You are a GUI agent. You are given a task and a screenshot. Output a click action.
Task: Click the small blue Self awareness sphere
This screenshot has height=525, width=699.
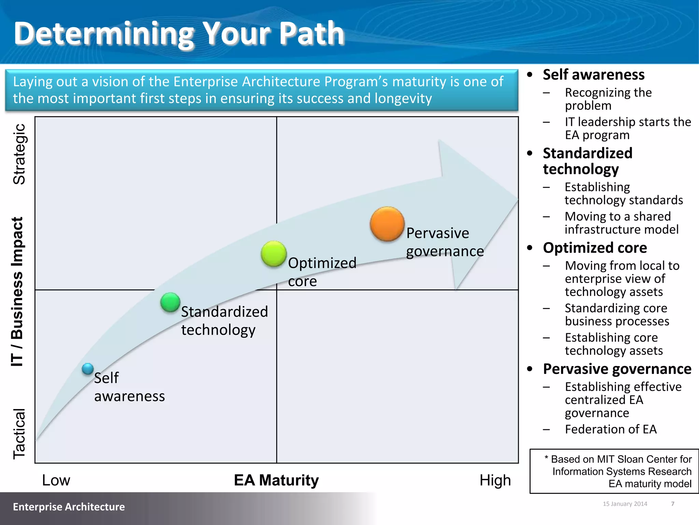pos(88,369)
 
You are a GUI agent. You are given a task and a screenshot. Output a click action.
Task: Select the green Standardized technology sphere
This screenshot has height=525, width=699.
pos(170,302)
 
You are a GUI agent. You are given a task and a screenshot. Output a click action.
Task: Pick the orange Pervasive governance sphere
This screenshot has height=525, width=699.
pos(387,224)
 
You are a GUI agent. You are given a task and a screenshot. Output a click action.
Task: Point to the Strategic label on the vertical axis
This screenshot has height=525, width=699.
pos(19,154)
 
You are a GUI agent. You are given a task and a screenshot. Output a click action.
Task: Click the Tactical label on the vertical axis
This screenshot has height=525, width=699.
pos(19,433)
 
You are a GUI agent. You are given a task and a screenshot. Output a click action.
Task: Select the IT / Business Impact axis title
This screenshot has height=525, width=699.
pos(17,292)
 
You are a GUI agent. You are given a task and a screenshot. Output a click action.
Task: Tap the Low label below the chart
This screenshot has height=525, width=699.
pos(56,480)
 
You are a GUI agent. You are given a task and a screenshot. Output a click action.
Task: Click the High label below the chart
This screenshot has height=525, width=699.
pos(495,480)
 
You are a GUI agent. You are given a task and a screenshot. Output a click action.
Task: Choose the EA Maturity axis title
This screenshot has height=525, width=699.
pos(276,480)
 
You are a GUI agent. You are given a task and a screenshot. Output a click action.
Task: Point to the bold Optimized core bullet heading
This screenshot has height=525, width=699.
pos(595,248)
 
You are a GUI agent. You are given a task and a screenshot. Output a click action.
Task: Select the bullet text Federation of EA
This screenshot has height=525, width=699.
pos(611,429)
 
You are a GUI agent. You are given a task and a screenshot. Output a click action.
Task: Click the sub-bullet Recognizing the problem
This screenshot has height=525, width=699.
pos(608,99)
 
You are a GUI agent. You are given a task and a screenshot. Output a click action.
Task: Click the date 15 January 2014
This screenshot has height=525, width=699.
pos(625,504)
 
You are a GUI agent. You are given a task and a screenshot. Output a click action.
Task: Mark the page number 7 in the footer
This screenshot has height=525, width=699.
pos(673,504)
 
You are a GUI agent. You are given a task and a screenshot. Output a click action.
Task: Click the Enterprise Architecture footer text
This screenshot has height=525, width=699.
pos(69,507)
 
